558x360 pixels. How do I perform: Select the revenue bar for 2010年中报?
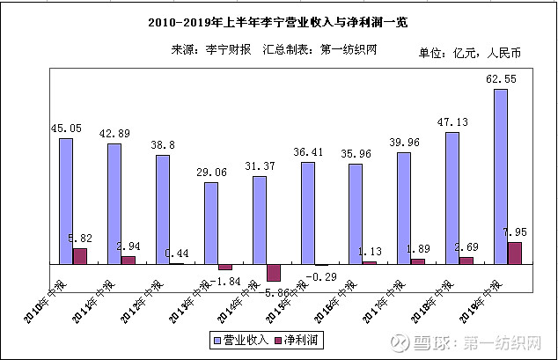pyautogui.click(x=66, y=201)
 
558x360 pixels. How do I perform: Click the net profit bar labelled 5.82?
pyautogui.click(x=80, y=255)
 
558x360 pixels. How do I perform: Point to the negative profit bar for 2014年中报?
pyautogui.click(x=273, y=273)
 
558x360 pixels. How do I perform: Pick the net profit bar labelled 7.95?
pyautogui.click(x=515, y=253)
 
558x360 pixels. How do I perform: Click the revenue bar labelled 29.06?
pyautogui.click(x=211, y=223)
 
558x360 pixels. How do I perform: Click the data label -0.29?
pyautogui.click(x=320, y=276)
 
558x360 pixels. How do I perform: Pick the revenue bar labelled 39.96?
pyautogui.click(x=404, y=208)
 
